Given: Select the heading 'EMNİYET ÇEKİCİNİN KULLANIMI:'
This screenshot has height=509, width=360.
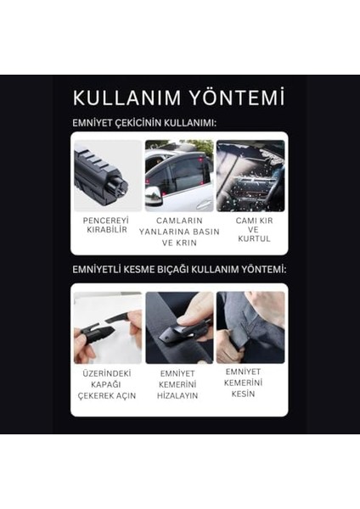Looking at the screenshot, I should pyautogui.click(x=143, y=124).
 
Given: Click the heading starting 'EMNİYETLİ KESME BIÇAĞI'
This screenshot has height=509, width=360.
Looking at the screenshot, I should pyautogui.click(x=178, y=270).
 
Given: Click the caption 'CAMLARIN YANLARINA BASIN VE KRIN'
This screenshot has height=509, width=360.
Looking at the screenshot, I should pyautogui.click(x=179, y=231).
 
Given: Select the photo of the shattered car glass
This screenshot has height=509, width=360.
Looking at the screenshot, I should pyautogui.click(x=251, y=176).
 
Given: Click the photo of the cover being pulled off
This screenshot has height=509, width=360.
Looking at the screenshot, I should pyautogui.click(x=107, y=327).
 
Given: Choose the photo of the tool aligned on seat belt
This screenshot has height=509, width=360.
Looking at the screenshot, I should pyautogui.click(x=179, y=327).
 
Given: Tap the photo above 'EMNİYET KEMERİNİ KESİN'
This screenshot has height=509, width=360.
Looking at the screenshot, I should pyautogui.click(x=251, y=327).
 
